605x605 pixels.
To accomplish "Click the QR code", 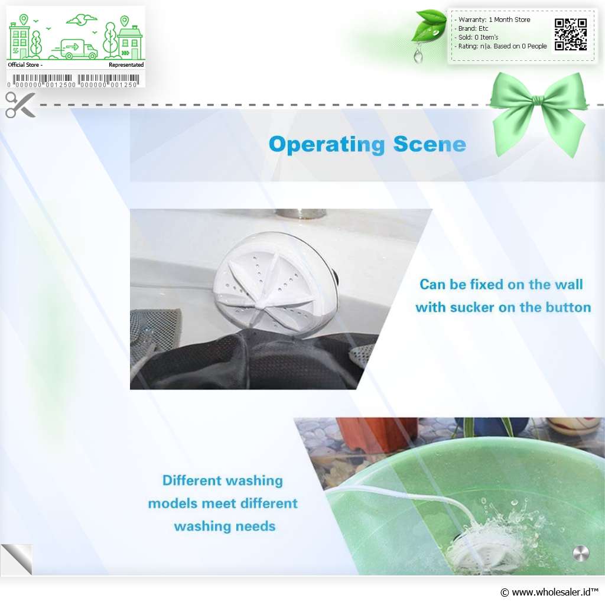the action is (571, 34).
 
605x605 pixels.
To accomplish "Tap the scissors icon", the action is (20, 105).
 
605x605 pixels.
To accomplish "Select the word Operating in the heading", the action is (327, 145).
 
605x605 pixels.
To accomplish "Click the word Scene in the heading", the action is (430, 144).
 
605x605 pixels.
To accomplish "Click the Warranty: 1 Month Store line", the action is (495, 19).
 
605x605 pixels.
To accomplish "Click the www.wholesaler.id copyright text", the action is (549, 592).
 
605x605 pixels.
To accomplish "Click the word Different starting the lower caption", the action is (192, 480).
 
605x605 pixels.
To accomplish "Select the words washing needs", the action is (225, 526).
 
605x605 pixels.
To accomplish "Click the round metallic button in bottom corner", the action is (581, 554).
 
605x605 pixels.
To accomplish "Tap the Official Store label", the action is (24, 65).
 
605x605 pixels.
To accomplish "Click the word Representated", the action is (126, 65).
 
